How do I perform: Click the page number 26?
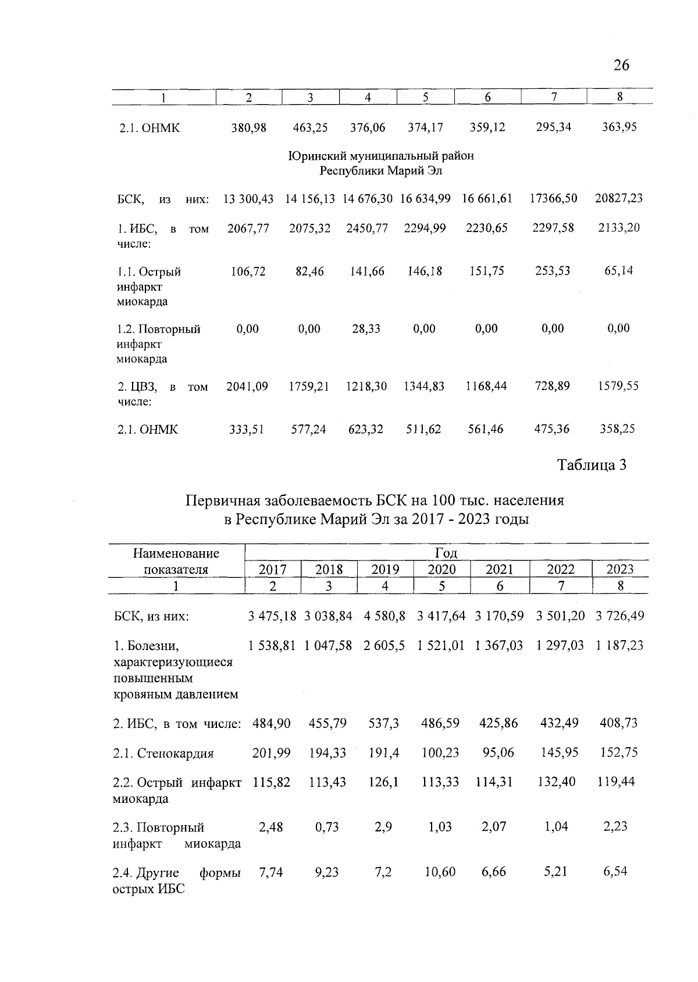click(x=621, y=65)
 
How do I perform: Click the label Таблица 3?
click(x=592, y=465)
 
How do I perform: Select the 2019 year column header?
click(x=385, y=569)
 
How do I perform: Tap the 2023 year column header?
click(x=619, y=569)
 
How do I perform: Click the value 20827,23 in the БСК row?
click(x=618, y=199)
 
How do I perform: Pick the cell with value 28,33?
click(x=366, y=329)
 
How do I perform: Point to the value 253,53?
click(x=553, y=271)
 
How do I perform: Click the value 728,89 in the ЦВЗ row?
click(x=552, y=386)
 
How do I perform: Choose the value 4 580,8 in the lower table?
click(x=384, y=616)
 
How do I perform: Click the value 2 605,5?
click(x=384, y=645)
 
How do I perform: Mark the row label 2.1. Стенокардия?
click(x=163, y=754)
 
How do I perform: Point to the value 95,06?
click(x=498, y=753)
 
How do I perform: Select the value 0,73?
click(x=327, y=827)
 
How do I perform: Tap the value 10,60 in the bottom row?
click(x=440, y=872)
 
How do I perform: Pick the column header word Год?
click(x=446, y=553)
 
